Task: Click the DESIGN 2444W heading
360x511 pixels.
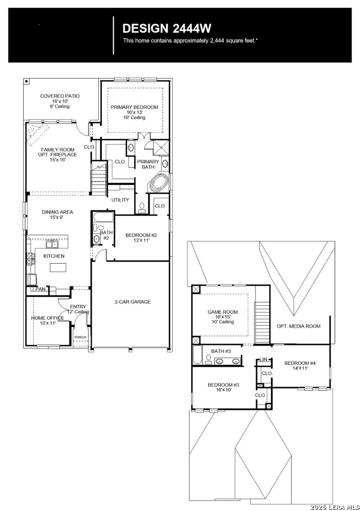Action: click(x=167, y=29)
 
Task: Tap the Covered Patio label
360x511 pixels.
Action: click(x=60, y=96)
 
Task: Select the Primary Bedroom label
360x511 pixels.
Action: click(x=134, y=107)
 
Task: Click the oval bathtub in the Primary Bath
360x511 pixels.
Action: click(x=159, y=183)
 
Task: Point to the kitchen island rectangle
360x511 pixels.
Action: click(x=58, y=267)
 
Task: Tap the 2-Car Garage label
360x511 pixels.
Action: click(x=132, y=302)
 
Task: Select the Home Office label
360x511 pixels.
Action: click(x=48, y=318)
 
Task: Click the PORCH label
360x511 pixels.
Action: click(x=80, y=337)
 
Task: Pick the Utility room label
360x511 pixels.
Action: click(x=120, y=200)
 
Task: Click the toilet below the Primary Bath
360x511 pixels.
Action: click(x=142, y=208)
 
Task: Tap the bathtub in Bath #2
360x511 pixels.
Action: click(x=103, y=217)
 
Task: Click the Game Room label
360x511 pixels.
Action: click(x=222, y=312)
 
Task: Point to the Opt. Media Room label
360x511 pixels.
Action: click(x=299, y=326)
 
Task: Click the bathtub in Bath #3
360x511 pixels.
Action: click(x=197, y=355)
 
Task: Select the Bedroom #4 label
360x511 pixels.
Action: click(x=300, y=363)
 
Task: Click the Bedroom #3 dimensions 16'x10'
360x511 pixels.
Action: click(x=223, y=390)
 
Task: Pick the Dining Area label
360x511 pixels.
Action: click(x=57, y=212)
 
